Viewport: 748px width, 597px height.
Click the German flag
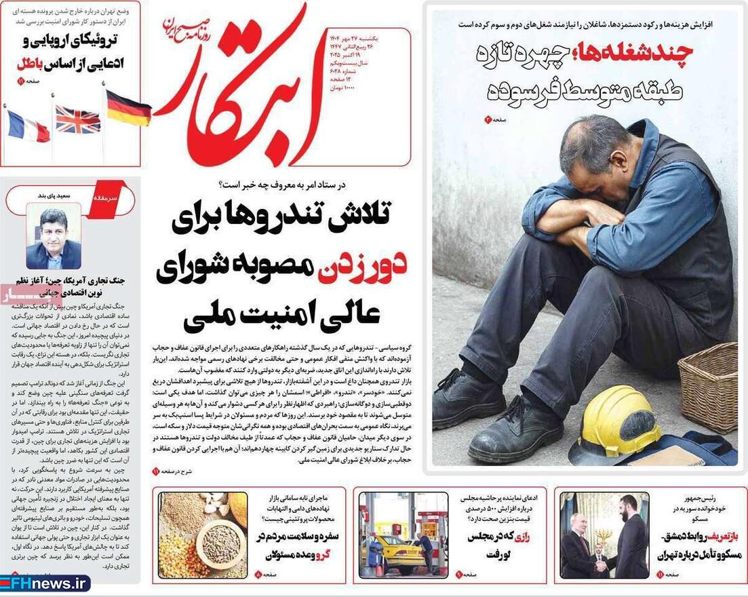tap(128, 109)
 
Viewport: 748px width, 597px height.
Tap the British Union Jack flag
tap(77, 119)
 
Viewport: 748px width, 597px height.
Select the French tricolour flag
tap(28, 126)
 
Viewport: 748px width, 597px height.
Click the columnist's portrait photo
tap(54, 237)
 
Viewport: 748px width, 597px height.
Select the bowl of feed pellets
tap(221, 542)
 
